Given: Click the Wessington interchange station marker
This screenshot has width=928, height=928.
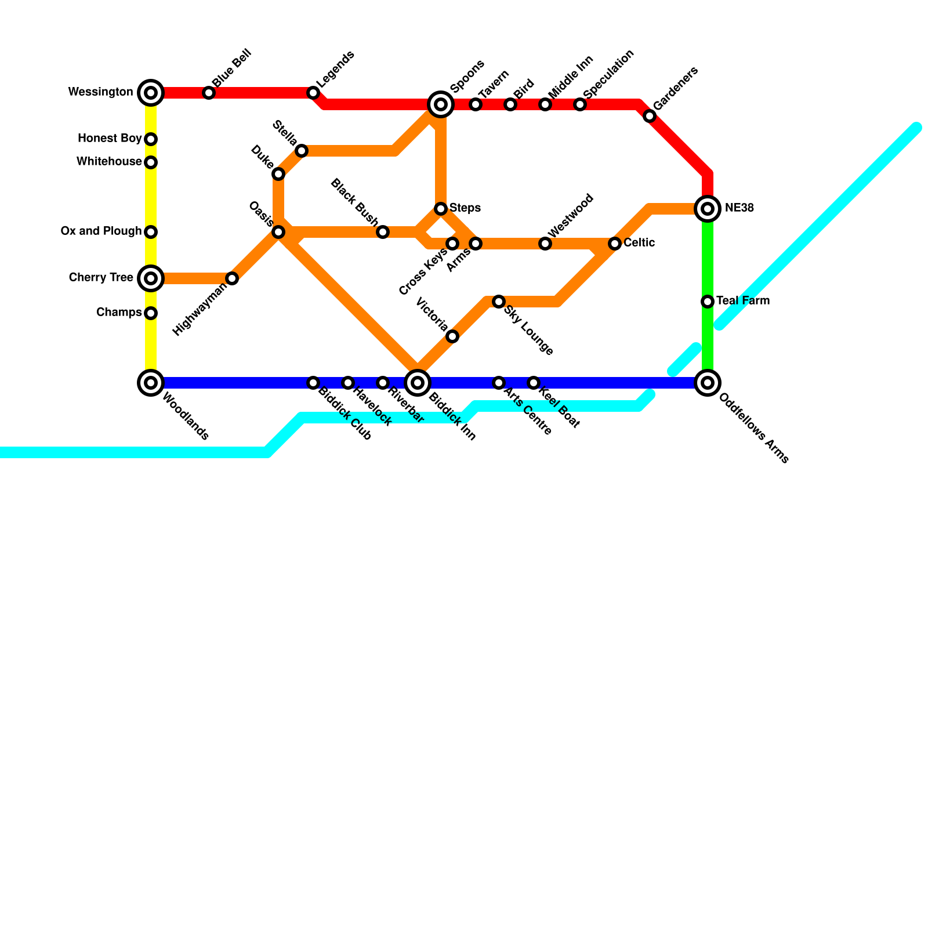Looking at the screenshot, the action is point(151,93).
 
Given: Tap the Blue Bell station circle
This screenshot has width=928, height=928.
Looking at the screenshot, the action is point(209,93).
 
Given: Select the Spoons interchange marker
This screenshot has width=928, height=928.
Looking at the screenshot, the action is point(441,104).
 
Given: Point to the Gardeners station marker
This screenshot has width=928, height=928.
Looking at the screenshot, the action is point(650,116).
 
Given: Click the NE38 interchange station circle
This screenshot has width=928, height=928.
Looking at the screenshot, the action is point(708,209).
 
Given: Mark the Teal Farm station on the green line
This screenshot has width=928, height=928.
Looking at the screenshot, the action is point(708,302).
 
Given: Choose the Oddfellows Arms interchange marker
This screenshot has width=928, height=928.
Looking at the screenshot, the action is point(708,383).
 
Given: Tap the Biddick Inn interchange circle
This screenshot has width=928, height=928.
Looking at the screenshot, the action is point(418,383).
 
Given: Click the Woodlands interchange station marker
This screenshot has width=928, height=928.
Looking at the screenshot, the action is point(151,383).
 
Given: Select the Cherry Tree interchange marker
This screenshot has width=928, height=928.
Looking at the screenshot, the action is point(151,278).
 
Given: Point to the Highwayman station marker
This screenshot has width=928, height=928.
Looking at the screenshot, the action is point(232,278).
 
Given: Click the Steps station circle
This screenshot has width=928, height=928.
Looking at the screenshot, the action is point(441,209).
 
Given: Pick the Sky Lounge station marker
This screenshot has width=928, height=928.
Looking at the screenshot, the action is point(499,302).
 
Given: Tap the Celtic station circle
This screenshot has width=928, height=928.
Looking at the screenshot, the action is point(615,244).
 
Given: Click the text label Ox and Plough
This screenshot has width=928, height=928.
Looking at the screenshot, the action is point(101,231).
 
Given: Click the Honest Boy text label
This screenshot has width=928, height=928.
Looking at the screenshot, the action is point(110,139).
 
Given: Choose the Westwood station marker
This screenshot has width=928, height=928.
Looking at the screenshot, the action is point(545,244).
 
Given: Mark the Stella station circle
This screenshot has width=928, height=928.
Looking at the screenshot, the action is point(302,151).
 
